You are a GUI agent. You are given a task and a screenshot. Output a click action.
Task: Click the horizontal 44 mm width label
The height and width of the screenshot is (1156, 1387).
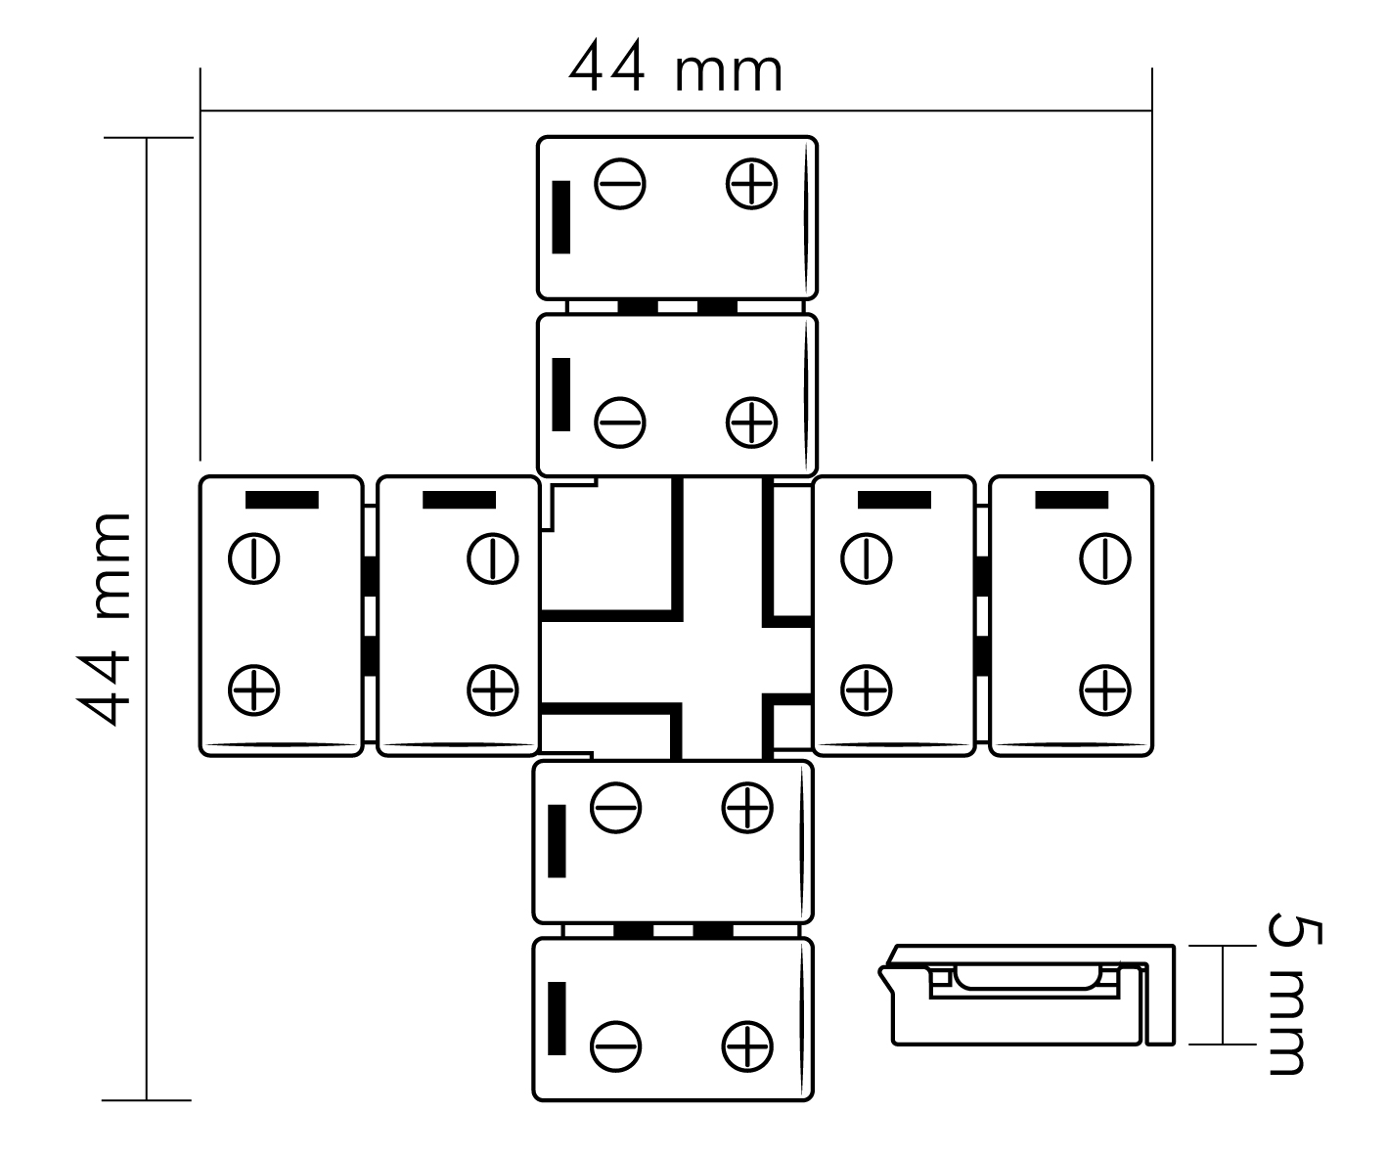tap(676, 66)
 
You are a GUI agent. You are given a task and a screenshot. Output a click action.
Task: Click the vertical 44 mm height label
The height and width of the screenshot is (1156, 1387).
tap(104, 619)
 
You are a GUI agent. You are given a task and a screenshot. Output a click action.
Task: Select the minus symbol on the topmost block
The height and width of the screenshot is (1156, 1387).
tap(620, 184)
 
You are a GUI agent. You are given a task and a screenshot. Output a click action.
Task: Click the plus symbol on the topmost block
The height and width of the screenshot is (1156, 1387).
tap(751, 184)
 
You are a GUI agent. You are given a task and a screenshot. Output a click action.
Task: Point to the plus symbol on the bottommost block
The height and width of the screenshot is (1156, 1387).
tap(747, 1047)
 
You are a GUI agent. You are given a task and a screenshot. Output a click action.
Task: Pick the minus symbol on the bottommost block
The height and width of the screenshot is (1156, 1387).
tap(616, 1047)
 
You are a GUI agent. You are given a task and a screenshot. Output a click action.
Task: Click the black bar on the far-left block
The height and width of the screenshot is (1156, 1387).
tap(282, 500)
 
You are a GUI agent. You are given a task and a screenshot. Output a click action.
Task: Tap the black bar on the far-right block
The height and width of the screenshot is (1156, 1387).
tap(1071, 500)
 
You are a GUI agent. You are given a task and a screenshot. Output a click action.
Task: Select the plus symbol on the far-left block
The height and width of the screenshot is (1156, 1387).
tap(253, 690)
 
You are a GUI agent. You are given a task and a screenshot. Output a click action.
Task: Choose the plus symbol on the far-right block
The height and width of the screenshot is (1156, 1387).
tap(1105, 690)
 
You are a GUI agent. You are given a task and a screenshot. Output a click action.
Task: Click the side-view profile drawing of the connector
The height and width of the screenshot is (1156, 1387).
tap(1027, 995)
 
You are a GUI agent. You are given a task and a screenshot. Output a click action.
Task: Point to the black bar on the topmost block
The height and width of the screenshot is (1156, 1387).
tap(561, 217)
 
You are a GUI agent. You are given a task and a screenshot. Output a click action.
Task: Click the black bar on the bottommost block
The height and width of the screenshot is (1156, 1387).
tap(557, 1018)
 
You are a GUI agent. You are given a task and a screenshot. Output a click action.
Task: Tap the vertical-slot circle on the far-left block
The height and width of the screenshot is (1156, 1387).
tap(253, 558)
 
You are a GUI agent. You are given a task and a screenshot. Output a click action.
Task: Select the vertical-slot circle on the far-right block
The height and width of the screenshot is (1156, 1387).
tap(1105, 558)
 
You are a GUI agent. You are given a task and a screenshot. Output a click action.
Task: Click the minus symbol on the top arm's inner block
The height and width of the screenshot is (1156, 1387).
tap(620, 422)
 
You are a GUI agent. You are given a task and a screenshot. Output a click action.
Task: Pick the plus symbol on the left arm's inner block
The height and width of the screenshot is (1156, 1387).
tap(492, 690)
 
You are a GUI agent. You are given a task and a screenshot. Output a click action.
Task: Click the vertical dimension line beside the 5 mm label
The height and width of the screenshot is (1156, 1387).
tap(1223, 995)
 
